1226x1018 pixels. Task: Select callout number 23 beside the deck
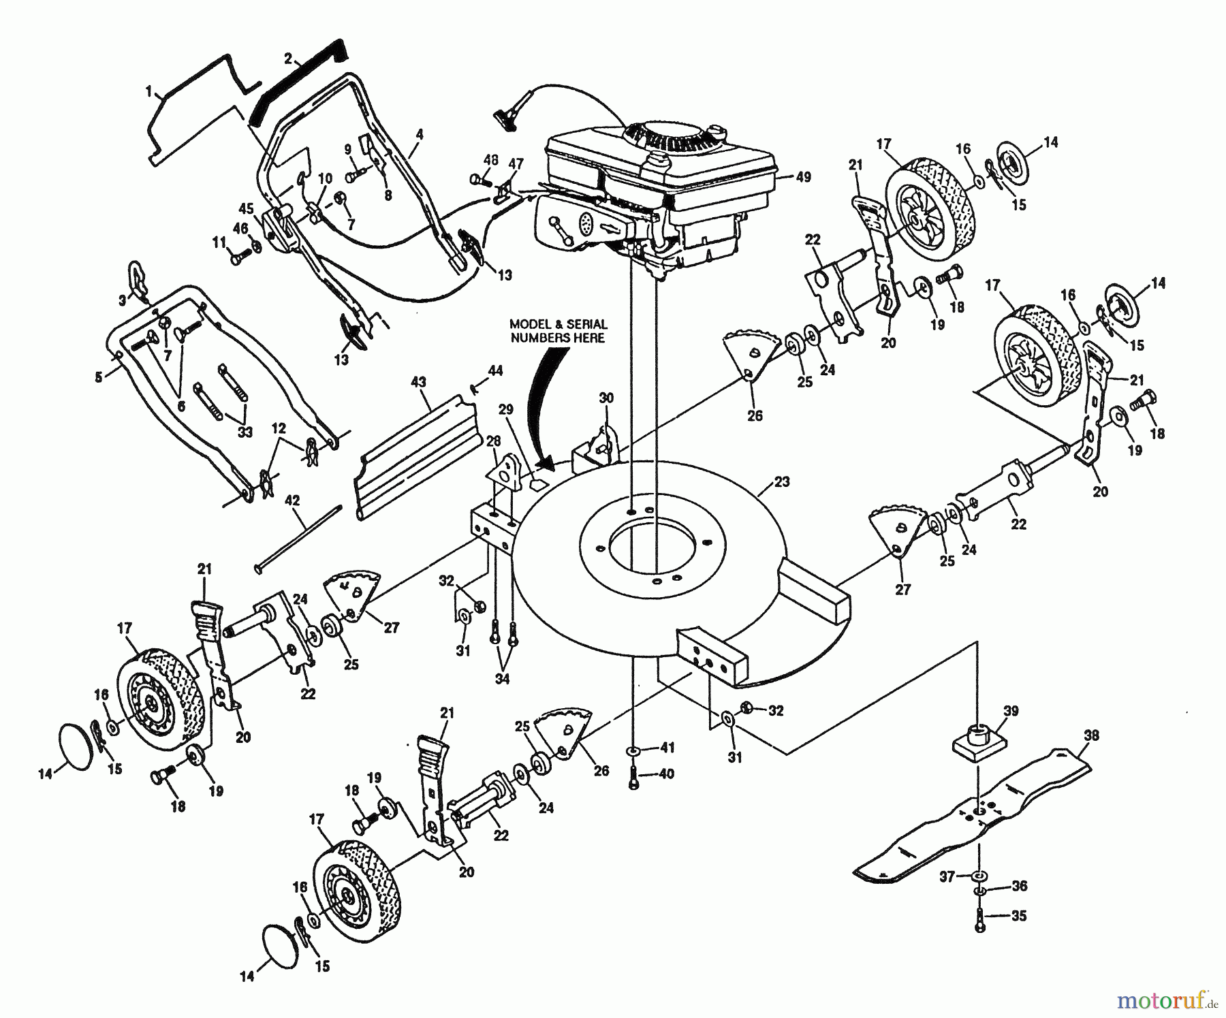pos(782,481)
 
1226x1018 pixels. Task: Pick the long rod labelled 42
pos(298,536)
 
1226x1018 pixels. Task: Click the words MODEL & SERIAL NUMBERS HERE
pos(559,331)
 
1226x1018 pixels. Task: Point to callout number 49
pos(803,177)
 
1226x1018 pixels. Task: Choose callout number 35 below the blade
pos(1018,916)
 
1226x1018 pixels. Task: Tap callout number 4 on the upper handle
pos(419,135)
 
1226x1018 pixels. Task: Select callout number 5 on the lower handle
pos(99,376)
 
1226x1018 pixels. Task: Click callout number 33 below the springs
pos(244,432)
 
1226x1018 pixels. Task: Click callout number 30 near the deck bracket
pos(606,398)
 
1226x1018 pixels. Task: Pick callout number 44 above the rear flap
pos(495,371)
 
